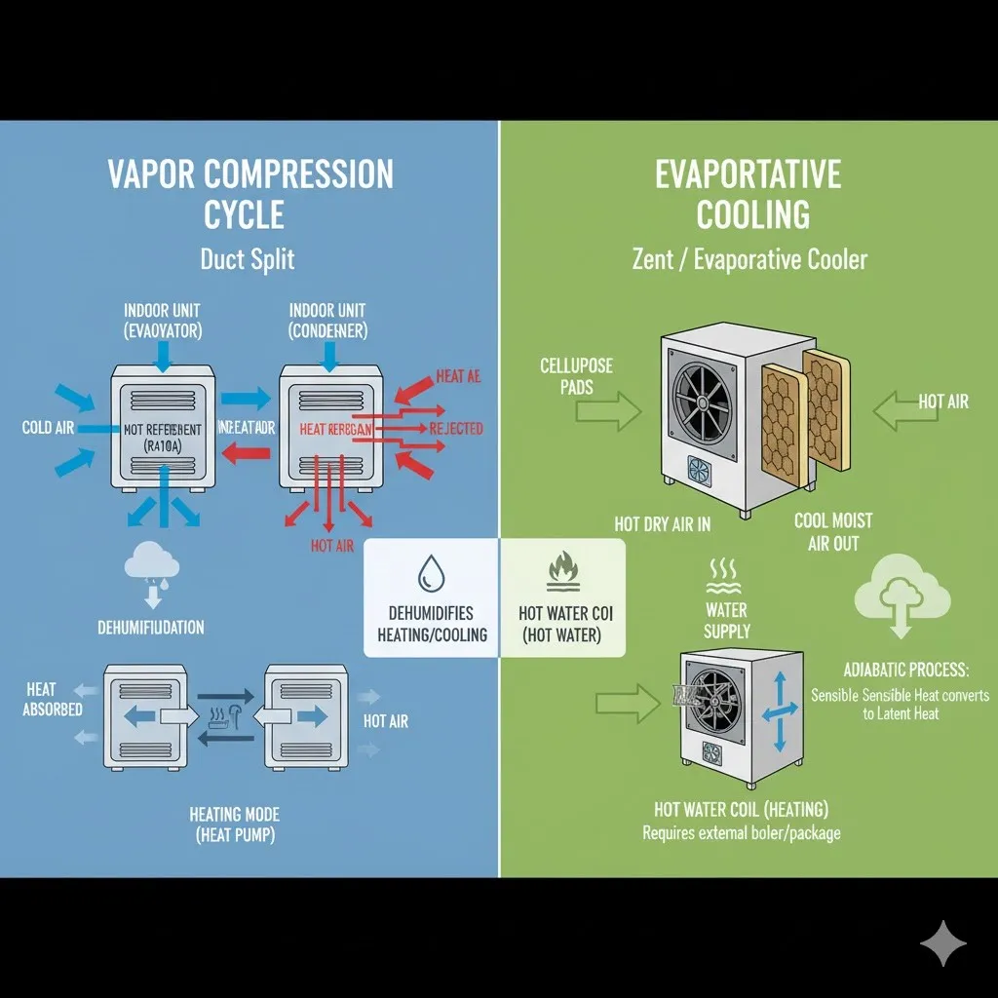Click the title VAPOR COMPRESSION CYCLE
point(249,193)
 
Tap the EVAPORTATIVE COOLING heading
point(748,193)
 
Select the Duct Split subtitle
point(247,259)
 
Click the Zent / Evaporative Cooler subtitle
point(748,259)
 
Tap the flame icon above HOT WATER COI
point(562,570)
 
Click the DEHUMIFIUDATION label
point(151,628)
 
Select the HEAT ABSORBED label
point(53,700)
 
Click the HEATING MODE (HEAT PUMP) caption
point(235,824)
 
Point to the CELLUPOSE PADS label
point(576,376)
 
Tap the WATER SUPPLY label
point(726,621)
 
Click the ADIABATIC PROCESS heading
point(906,671)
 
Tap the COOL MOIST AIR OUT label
point(832,532)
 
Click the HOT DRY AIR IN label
point(662,524)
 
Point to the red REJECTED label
point(456,428)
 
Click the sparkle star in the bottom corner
point(943,942)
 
